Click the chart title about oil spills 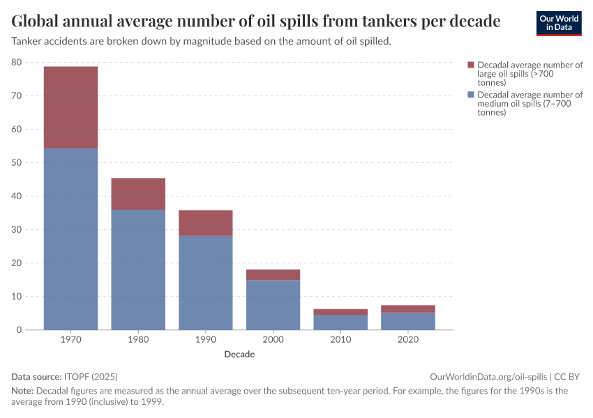tap(256, 22)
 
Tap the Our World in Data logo tap(558, 23)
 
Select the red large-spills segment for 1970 tap(70, 107)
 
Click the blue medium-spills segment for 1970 tap(70, 239)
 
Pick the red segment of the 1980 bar tap(138, 194)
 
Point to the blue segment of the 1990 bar tap(206, 282)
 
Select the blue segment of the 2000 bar tap(273, 304)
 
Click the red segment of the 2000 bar tap(273, 274)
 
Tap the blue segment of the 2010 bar tap(340, 322)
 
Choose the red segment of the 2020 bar tap(408, 309)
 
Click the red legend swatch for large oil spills tap(471, 65)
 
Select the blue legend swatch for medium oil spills tap(471, 95)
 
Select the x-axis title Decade tap(239, 355)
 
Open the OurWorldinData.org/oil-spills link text tap(488, 376)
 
